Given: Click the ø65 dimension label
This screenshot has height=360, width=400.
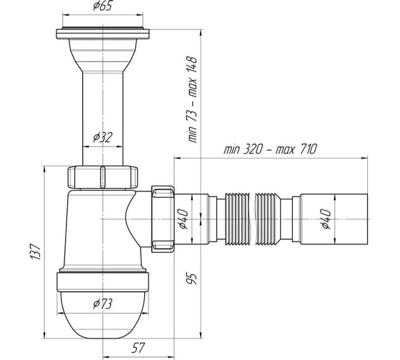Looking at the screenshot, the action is click(x=102, y=6).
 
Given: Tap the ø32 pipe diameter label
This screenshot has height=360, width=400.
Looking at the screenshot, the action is click(x=102, y=137).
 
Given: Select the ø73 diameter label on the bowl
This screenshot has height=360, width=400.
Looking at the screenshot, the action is click(x=102, y=304).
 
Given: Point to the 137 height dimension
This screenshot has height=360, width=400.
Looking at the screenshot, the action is click(x=36, y=252).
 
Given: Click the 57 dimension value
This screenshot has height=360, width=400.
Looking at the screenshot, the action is click(x=138, y=347).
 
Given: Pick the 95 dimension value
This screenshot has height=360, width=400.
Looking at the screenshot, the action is click(x=192, y=279).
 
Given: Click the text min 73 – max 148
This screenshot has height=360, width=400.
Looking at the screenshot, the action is click(x=192, y=99).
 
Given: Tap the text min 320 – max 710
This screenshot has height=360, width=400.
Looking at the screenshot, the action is click(x=271, y=149).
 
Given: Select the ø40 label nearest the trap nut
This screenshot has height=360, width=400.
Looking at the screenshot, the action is click(x=183, y=219).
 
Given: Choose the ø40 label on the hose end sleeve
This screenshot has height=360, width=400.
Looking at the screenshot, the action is click(x=326, y=219).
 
